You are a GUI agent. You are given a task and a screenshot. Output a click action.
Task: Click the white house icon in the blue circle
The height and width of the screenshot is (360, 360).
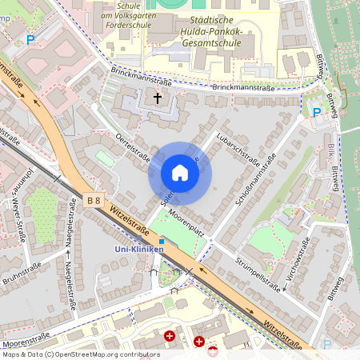[180, 173]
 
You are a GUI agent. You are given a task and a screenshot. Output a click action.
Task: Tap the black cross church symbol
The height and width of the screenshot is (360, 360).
[157, 99]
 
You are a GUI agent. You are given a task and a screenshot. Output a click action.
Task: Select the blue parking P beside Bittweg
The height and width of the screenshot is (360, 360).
[317, 113]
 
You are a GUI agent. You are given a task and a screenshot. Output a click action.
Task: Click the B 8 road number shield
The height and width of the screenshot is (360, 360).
[94, 201]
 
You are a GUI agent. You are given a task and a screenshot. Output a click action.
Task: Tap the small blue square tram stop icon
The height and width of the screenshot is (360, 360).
[161, 240]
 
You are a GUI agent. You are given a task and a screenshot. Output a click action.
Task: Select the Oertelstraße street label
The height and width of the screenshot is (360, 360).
[133, 149]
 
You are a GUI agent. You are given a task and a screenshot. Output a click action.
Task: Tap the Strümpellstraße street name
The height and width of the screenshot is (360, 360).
[261, 271]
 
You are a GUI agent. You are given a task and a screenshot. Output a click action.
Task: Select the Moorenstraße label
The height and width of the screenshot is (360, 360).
[26, 337]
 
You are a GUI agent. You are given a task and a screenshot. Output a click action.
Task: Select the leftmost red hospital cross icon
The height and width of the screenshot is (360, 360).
[169, 337]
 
